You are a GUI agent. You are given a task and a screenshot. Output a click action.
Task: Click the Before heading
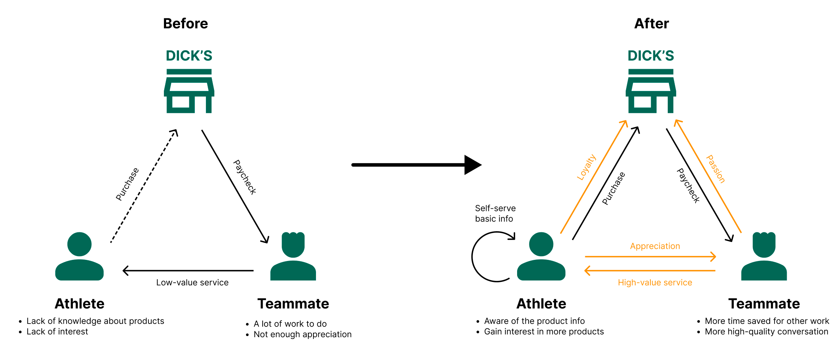click(x=186, y=24)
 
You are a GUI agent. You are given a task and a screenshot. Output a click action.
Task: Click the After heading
click(x=652, y=24)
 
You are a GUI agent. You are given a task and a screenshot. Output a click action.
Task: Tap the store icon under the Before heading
click(x=189, y=91)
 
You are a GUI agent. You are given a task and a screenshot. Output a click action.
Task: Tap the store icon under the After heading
click(x=651, y=91)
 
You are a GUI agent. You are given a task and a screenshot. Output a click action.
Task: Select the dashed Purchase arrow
click(x=144, y=186)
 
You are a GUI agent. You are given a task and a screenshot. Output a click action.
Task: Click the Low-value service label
click(x=192, y=282)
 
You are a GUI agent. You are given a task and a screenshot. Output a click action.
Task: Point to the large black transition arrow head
click(x=473, y=165)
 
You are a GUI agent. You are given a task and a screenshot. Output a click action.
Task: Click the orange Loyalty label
click(x=586, y=167)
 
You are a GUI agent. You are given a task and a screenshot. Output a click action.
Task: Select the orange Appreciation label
click(x=655, y=246)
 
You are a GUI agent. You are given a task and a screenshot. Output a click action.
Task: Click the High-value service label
click(x=655, y=282)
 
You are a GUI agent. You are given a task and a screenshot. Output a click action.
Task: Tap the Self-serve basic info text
click(x=495, y=213)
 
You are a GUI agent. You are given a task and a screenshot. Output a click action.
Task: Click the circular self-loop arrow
click(x=473, y=257)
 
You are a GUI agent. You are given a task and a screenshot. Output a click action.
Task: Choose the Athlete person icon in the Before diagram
click(x=79, y=256)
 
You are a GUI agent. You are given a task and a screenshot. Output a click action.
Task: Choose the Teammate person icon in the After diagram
click(x=764, y=256)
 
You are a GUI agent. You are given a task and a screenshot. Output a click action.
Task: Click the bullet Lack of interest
click(x=57, y=332)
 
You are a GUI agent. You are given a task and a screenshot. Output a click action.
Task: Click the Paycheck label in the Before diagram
click(x=245, y=177)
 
